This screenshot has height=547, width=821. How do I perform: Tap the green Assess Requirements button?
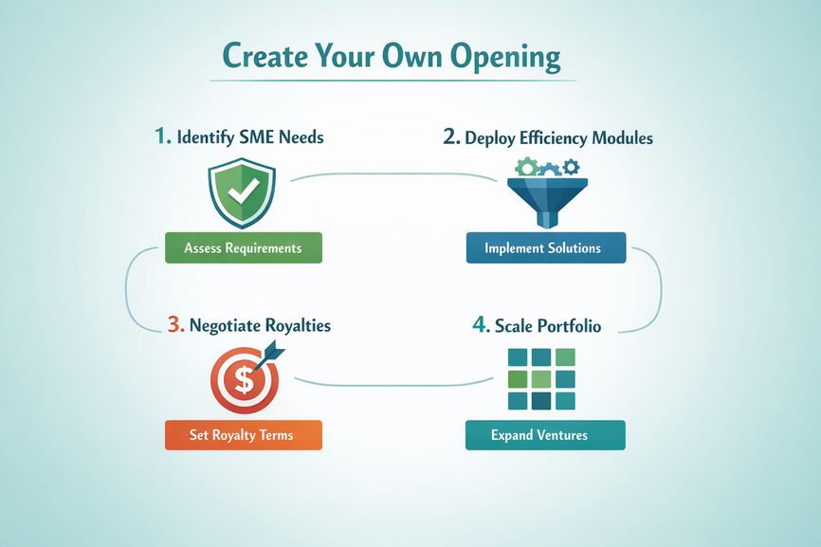pyautogui.click(x=244, y=247)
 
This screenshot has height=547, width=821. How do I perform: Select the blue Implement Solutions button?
pyautogui.click(x=546, y=247)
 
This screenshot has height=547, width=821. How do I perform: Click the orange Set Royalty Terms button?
pyautogui.click(x=244, y=435)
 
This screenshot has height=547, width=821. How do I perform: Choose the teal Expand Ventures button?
pyautogui.click(x=545, y=435)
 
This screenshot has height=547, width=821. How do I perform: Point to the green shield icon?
pyautogui.click(x=242, y=193)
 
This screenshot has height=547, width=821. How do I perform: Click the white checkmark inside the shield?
pyautogui.click(x=243, y=191)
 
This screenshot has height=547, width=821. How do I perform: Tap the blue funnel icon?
pyautogui.click(x=547, y=203)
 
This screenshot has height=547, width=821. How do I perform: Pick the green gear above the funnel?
pyautogui.click(x=527, y=168)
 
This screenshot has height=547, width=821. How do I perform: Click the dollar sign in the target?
pyautogui.click(x=244, y=379)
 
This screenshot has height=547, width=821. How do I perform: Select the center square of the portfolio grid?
pyautogui.click(x=541, y=379)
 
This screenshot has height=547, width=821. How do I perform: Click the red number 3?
pyautogui.click(x=176, y=324)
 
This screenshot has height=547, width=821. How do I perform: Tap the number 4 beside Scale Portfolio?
pyautogui.click(x=480, y=324)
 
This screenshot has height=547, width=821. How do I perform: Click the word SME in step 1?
pyautogui.click(x=257, y=137)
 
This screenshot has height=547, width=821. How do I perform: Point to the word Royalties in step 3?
pyautogui.click(x=297, y=325)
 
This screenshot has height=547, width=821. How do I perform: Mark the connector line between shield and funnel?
pyautogui.click(x=393, y=173)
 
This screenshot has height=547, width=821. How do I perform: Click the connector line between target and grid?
pyautogui.click(x=393, y=385)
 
